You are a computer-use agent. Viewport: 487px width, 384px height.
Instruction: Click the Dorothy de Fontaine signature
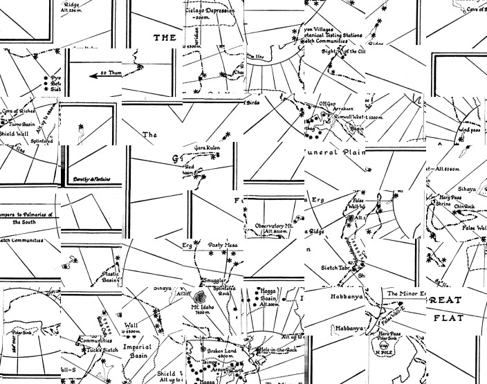pyautogui.click(x=93, y=179)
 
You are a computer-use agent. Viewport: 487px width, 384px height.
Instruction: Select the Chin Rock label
pyautogui.click(x=465, y=205)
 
